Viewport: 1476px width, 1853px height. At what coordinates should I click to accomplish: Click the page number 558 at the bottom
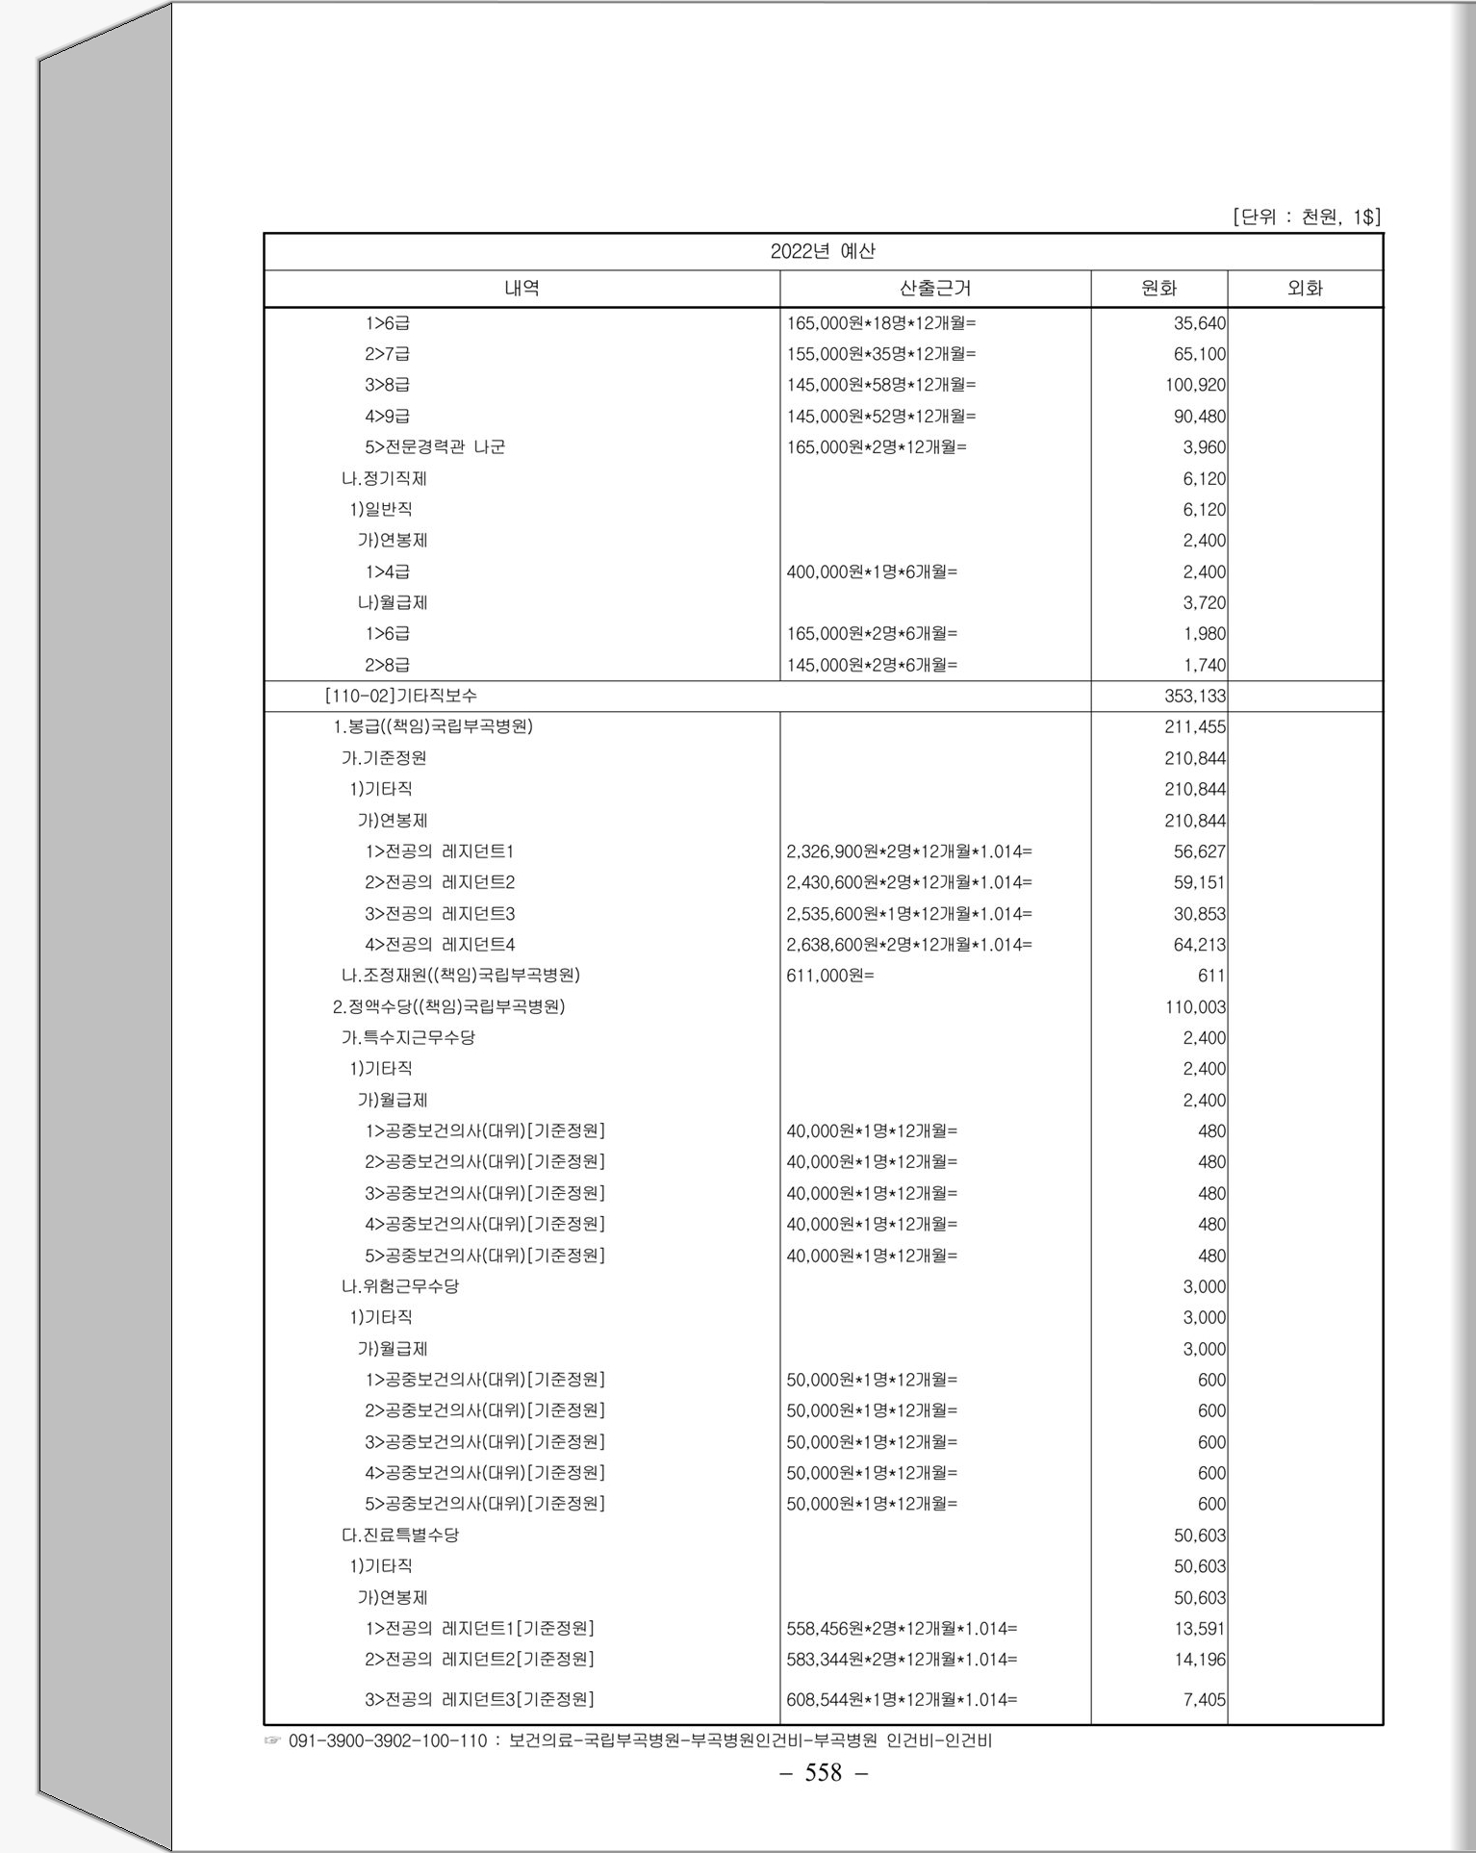tap(823, 1772)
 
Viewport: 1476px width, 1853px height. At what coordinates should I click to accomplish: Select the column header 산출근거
tap(934, 288)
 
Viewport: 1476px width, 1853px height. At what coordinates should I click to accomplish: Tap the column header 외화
tap(1305, 288)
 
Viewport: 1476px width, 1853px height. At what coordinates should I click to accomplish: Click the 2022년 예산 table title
tap(823, 251)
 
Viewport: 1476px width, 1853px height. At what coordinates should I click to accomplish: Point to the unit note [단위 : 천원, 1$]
tap(1306, 216)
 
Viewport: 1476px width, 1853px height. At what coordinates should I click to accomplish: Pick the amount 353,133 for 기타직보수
tap(1195, 696)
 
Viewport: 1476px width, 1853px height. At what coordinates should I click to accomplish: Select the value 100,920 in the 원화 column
tap(1195, 385)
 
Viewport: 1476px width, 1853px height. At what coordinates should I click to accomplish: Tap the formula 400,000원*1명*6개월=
tap(872, 571)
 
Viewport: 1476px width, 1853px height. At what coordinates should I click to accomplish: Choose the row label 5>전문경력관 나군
tap(435, 446)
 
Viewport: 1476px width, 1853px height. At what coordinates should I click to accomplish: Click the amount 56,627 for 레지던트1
tap(1199, 851)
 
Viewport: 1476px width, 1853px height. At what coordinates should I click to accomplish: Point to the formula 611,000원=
tap(830, 976)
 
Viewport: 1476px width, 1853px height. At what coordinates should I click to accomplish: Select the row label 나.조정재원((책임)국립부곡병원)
tap(460, 976)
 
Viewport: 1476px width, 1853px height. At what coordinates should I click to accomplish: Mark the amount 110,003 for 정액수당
tap(1195, 1007)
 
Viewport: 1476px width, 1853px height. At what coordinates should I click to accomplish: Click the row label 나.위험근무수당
tap(400, 1286)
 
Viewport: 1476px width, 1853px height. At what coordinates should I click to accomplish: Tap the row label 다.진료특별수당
tap(400, 1535)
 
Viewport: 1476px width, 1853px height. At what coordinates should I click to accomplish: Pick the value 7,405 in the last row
tap(1204, 1700)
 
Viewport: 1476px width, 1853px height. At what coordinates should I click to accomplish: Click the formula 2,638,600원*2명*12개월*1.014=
tap(909, 945)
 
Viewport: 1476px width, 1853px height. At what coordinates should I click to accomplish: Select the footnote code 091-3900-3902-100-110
tap(388, 1740)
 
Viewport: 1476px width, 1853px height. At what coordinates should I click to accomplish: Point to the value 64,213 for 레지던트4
tap(1199, 945)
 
